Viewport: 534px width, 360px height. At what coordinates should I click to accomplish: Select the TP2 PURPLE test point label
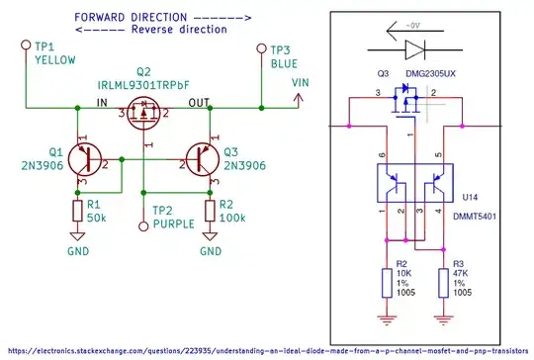pos(174,218)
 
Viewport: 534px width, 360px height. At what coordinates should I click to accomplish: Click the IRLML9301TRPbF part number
pos(144,86)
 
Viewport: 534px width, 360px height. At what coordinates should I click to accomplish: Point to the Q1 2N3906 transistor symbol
pos(84,155)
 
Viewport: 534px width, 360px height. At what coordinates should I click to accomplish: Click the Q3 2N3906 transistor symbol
pos(203,155)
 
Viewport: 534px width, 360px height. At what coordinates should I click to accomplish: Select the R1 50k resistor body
pos(76,212)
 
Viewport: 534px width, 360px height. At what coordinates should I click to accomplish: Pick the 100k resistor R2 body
pos(211,212)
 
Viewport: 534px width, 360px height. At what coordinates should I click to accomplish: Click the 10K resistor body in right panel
pos(387,284)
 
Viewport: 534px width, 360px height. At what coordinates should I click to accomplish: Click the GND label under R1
pos(76,251)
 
